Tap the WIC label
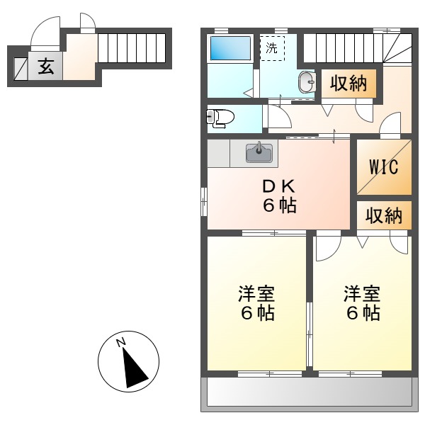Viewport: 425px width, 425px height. pos(383,167)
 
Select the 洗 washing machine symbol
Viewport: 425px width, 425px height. pos(272,48)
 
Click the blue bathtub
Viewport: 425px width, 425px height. pos(229,48)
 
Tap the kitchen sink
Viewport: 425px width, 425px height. pos(259,152)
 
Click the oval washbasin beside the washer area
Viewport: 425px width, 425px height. pos(307,82)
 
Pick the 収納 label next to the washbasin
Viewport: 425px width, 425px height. pos(348,84)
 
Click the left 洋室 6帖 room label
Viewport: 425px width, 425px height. pos(256,302)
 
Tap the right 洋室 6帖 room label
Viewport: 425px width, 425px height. pos(362,302)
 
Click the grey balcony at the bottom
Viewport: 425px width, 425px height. pos(309,392)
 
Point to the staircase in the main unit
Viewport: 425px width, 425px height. pos(343,48)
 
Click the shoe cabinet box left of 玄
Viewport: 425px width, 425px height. pos(20,68)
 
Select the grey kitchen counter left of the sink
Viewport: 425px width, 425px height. pos(219,153)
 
